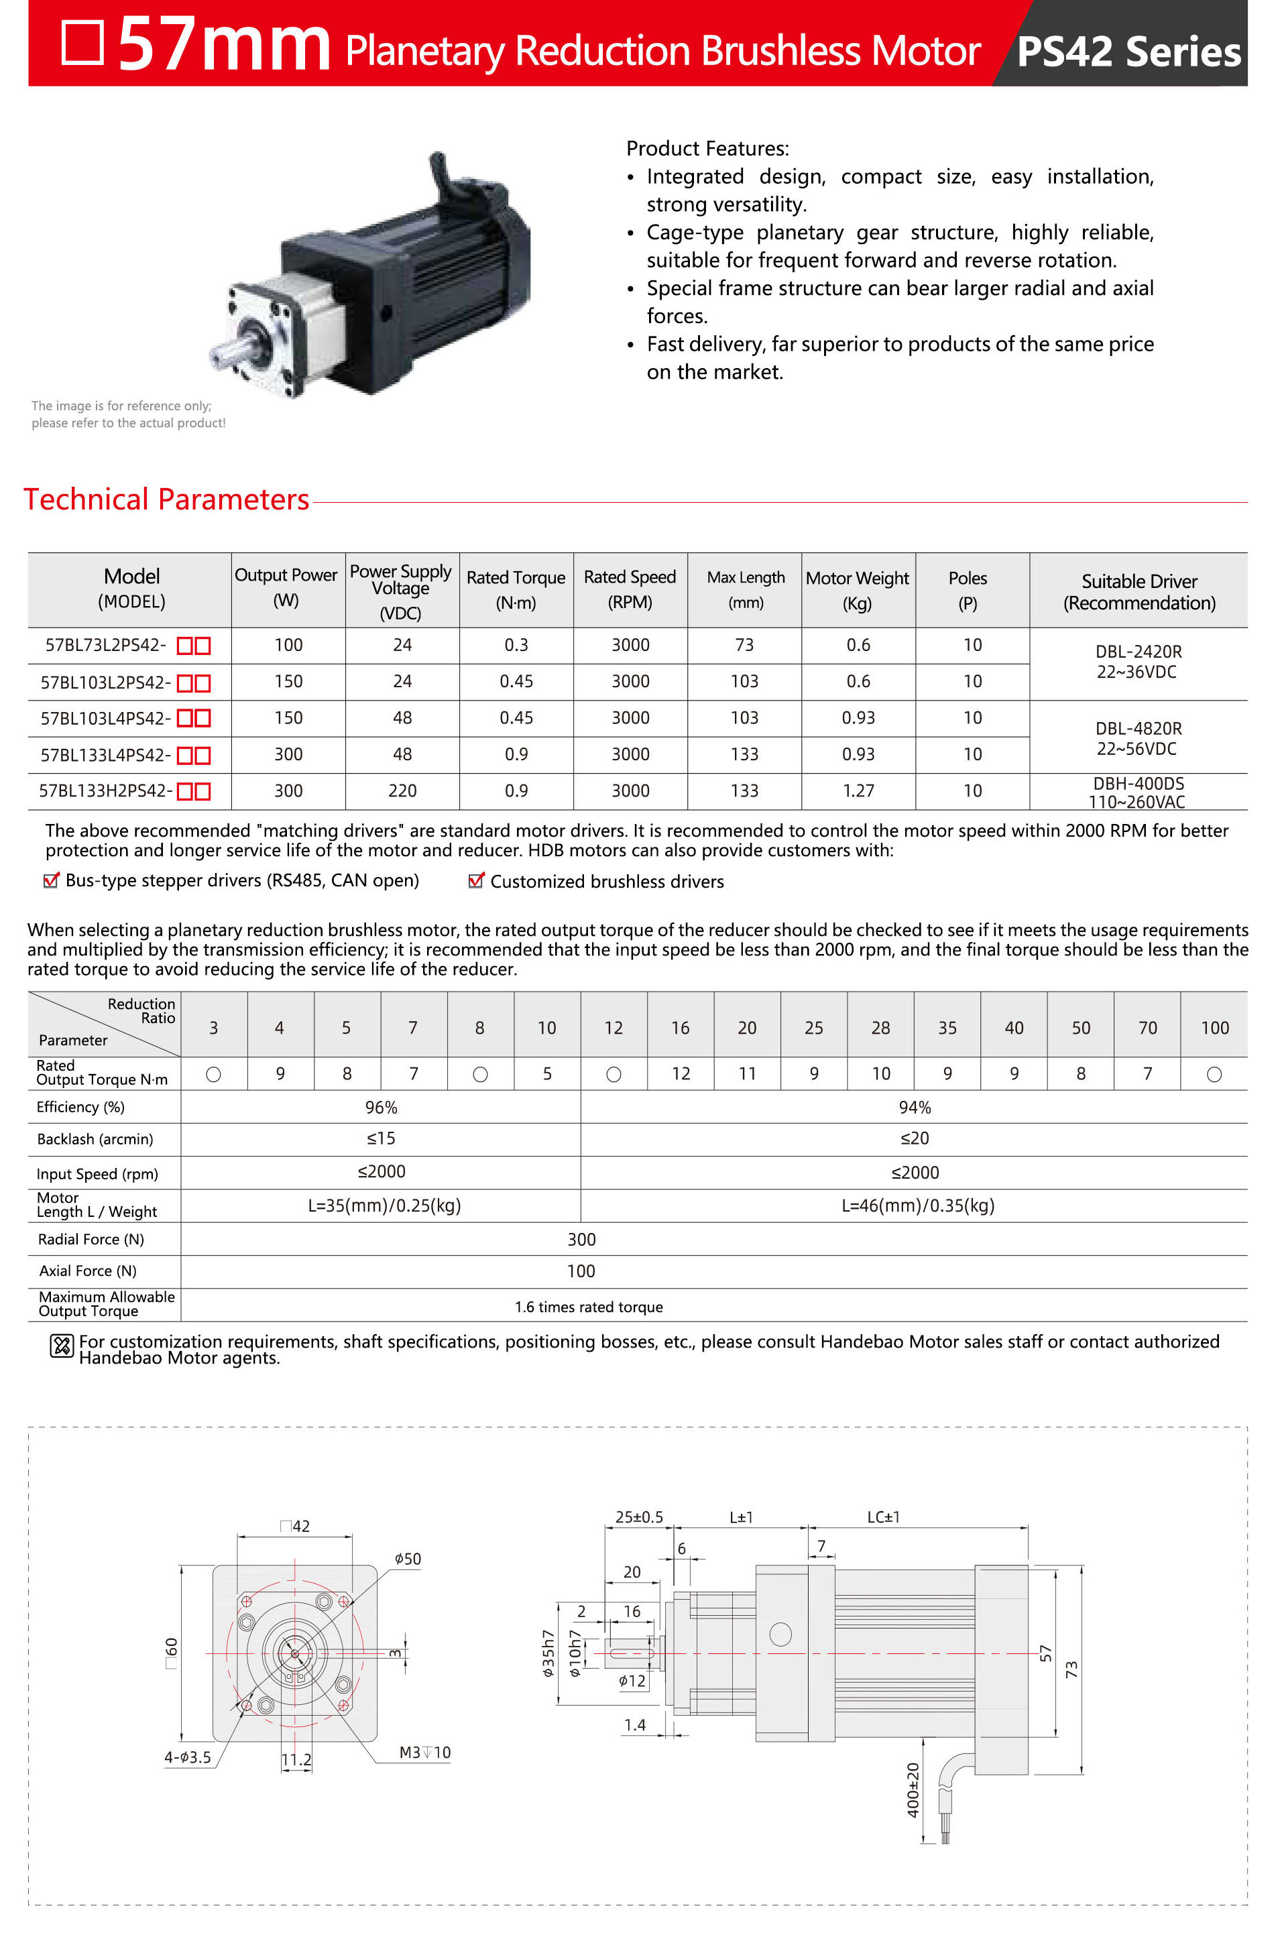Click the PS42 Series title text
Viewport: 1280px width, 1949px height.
click(1128, 52)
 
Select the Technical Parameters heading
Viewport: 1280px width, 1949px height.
click(166, 499)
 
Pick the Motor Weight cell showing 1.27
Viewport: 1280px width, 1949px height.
click(858, 791)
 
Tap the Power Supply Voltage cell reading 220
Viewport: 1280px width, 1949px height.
click(402, 791)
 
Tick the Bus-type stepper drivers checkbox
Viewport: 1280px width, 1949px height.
click(51, 880)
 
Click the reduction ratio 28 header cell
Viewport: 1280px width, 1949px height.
click(880, 1028)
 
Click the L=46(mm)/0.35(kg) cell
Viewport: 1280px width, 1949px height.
click(917, 1205)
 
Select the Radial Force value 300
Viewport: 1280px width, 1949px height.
click(581, 1239)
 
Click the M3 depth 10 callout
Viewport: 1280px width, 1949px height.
click(424, 1753)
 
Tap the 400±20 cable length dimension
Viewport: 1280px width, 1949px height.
click(913, 1791)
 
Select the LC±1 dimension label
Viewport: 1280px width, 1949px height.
click(883, 1517)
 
